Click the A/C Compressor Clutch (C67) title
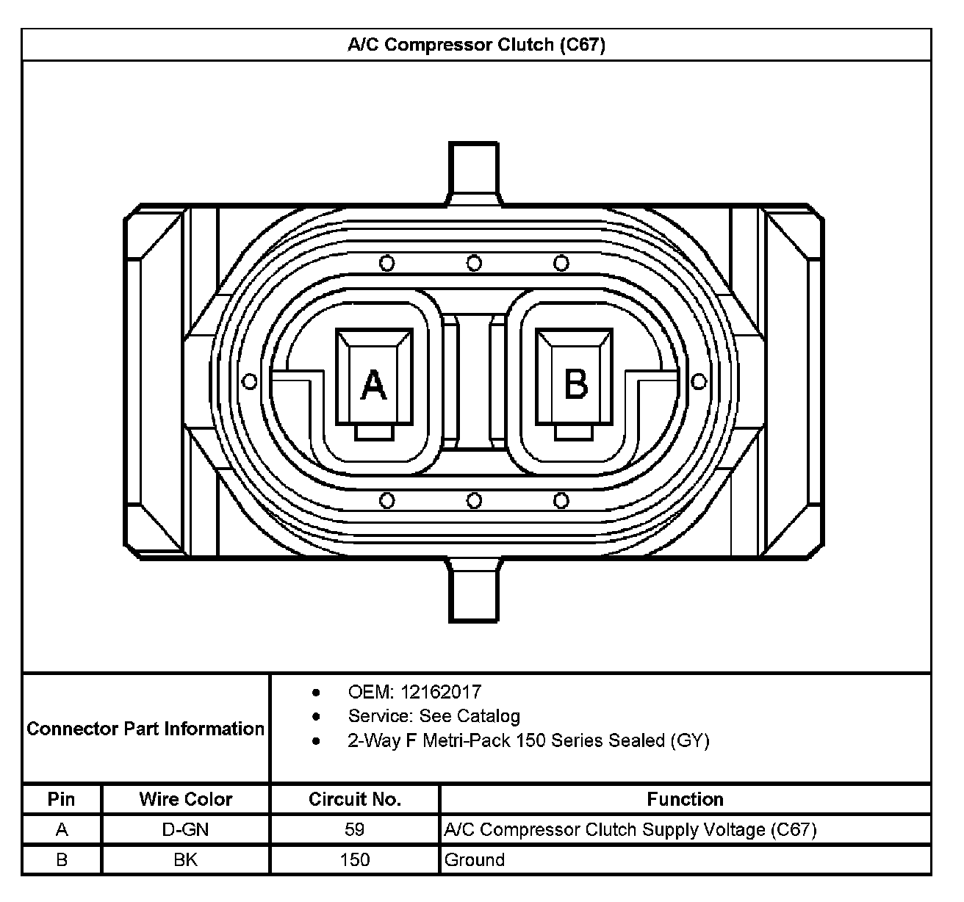(x=476, y=45)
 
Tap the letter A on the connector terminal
(x=373, y=385)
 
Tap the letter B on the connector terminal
(x=576, y=384)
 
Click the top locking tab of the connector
(x=474, y=173)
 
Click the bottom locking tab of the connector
(x=474, y=590)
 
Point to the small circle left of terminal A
(x=250, y=381)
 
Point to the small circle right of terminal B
(x=699, y=381)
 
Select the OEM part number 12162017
(x=441, y=692)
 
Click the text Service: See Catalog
(x=434, y=716)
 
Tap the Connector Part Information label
(x=145, y=729)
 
